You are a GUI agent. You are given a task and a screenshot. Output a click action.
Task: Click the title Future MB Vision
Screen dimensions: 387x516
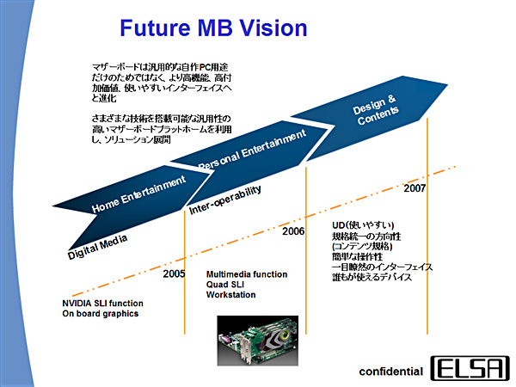[212, 28]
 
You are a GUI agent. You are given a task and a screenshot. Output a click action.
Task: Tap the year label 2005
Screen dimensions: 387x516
[175, 273]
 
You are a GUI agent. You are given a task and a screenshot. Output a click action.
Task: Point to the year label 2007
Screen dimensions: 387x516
[415, 187]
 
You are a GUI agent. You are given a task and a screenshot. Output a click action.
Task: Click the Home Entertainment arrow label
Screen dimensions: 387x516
[138, 193]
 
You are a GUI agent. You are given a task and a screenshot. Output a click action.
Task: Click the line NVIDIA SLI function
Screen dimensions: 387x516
[102, 304]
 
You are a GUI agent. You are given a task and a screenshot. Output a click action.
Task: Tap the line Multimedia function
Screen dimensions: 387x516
[247, 274]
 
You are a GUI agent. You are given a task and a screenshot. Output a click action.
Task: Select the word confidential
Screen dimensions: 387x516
[391, 372]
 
